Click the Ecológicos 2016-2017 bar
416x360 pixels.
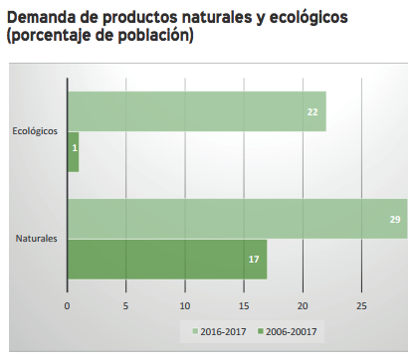(x=196, y=111)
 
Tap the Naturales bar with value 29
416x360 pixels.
(x=237, y=219)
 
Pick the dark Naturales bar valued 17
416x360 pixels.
(x=166, y=259)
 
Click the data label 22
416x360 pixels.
(x=312, y=112)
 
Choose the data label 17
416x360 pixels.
(x=253, y=260)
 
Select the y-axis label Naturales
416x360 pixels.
(x=37, y=239)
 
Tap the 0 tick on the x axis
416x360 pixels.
(x=67, y=304)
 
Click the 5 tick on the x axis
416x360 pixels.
(x=125, y=304)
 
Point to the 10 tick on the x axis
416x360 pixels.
(x=185, y=304)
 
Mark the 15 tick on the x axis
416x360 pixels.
(x=244, y=304)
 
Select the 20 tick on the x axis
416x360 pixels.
(x=304, y=304)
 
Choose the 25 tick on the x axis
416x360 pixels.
(x=362, y=304)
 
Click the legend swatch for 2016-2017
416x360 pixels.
(x=196, y=330)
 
